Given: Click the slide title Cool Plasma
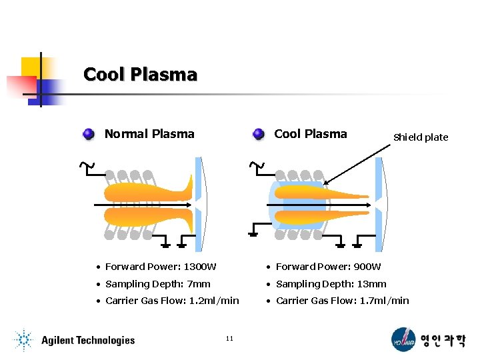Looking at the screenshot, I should [x=140, y=74].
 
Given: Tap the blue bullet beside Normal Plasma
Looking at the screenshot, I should [x=89, y=134].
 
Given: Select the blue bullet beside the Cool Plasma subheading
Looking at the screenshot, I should [x=259, y=134].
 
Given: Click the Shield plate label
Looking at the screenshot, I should [x=421, y=137].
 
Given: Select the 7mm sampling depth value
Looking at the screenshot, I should [x=199, y=284].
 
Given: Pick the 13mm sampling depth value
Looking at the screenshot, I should [x=371, y=284].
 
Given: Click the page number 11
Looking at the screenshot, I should [x=229, y=339].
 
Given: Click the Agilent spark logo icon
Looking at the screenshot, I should [x=24, y=340].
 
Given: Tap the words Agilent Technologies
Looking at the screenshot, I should [x=87, y=341].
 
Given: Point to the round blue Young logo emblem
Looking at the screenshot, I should [x=403, y=339].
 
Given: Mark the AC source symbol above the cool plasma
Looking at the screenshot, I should [x=255, y=165].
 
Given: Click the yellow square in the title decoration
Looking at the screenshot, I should [x=31, y=67].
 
